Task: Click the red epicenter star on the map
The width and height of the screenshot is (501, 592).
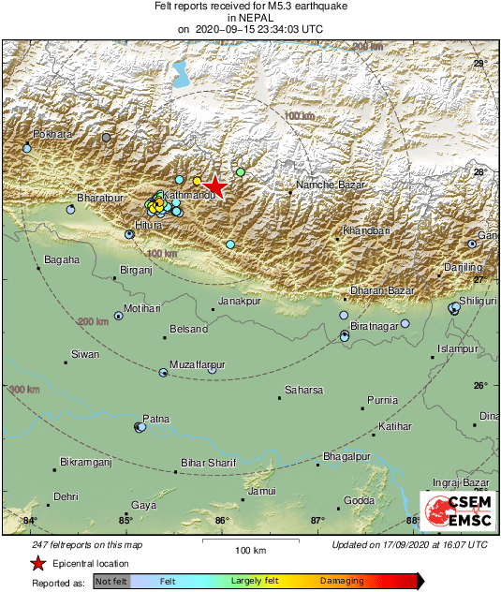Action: (216, 186)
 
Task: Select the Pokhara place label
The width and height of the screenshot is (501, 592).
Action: (52, 135)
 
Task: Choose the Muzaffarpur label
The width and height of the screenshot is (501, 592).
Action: (198, 363)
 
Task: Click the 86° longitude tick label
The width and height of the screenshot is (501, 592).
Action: (221, 521)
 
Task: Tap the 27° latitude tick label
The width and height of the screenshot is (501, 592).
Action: (479, 279)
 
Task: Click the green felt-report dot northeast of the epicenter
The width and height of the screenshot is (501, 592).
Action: (241, 172)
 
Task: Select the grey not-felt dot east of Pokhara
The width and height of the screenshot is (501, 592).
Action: (106, 138)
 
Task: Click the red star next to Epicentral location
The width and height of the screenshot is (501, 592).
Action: (38, 563)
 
